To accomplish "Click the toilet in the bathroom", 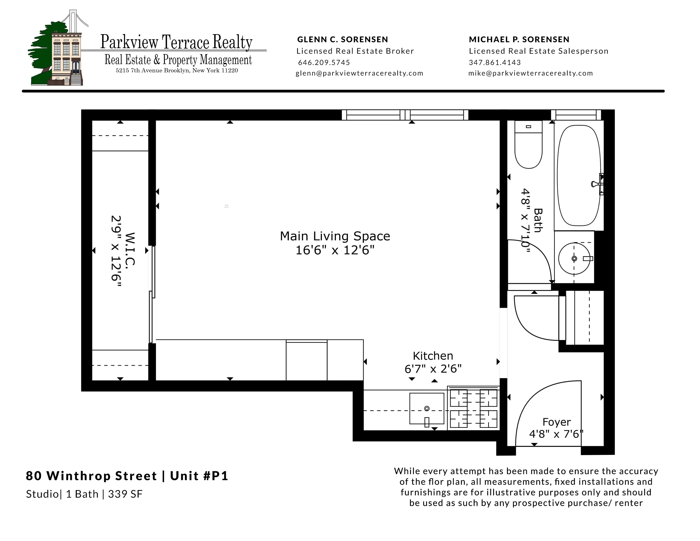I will coord(528,147).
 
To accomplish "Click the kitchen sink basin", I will coord(427,408).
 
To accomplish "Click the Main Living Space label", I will coord(335,236).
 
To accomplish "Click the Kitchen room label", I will coord(433,356).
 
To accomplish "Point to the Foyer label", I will coord(556,422).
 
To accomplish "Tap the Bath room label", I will coord(538,220).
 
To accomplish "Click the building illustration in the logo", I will coord(67,58).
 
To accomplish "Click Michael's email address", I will coord(531,73).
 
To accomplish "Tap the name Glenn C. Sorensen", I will coord(342,39).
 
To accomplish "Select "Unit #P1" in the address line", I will coord(199,476).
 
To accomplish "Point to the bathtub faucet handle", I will coord(595,184).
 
